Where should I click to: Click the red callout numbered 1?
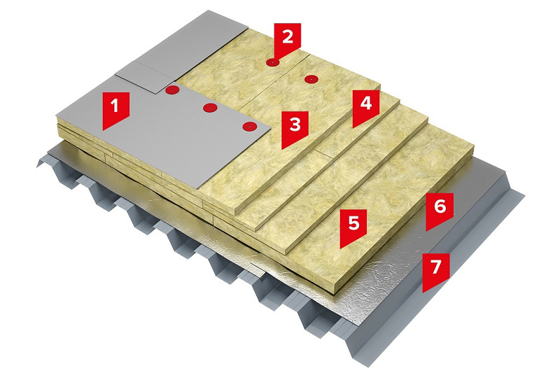115,109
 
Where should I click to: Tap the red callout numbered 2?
288,38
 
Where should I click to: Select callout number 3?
295,129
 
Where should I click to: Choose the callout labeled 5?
353,227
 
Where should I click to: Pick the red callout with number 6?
440,211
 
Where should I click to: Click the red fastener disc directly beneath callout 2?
273,63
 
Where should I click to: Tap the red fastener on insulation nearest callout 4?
311,79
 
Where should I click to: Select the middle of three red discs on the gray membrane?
211,107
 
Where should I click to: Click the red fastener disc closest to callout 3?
250,127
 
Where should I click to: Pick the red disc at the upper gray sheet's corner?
171,90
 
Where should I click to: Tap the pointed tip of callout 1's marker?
103,130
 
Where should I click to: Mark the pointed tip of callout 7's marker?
423,293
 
